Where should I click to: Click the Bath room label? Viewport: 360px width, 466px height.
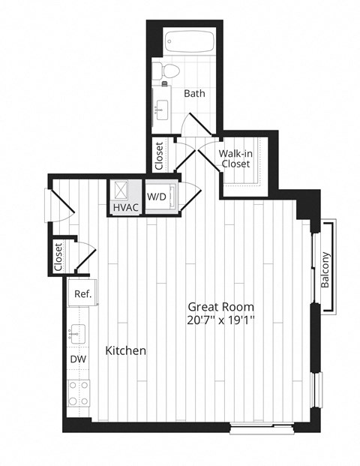(x=194, y=94)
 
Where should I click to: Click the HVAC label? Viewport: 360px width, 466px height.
(x=124, y=207)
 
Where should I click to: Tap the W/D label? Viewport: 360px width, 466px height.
(x=157, y=197)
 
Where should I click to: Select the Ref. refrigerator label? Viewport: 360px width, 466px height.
(x=82, y=294)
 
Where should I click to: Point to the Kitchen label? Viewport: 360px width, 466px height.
(x=125, y=350)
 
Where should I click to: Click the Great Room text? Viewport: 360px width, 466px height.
(x=220, y=307)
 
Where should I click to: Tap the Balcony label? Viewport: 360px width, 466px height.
(x=326, y=269)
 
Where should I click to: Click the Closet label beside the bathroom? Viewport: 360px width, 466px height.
(x=159, y=155)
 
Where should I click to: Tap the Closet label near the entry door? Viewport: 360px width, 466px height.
(x=58, y=256)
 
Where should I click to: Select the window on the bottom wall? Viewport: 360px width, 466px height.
(x=256, y=429)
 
